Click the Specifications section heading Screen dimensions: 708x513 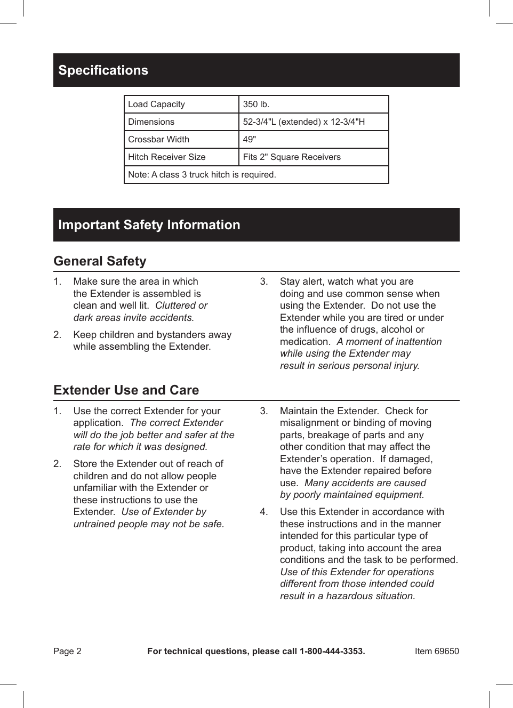click(x=103, y=70)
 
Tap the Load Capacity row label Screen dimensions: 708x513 click(x=156, y=104)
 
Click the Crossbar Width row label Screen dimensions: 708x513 click(x=158, y=140)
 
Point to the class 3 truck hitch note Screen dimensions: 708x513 click(x=202, y=175)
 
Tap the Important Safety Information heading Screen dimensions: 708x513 click(x=149, y=225)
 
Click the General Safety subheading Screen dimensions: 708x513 click(x=100, y=261)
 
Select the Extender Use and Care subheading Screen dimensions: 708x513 click(x=126, y=390)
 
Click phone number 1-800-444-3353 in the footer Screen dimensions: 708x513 click(x=332, y=651)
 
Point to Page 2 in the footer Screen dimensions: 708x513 click(x=67, y=651)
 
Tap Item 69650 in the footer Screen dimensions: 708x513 click(x=436, y=651)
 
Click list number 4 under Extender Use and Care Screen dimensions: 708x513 click(x=263, y=512)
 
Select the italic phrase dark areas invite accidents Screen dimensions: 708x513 click(x=133, y=318)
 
